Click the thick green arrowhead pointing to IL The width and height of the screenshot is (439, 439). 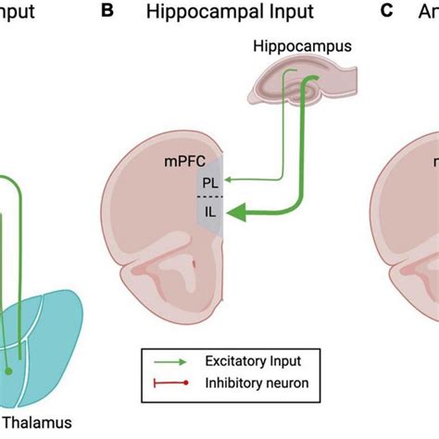[237, 215]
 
